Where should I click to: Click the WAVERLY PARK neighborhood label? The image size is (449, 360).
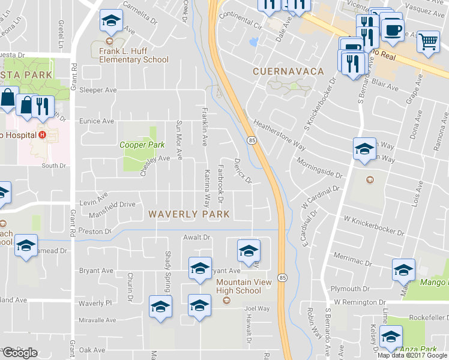[x=189, y=214]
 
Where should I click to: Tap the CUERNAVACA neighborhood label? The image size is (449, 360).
[x=288, y=71]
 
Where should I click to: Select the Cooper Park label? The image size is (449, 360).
[x=142, y=145]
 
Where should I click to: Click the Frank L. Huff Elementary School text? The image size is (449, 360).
[x=134, y=55]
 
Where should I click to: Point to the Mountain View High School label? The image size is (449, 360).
[x=238, y=286]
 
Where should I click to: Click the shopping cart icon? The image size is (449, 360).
[x=428, y=42]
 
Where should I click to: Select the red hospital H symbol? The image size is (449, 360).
[x=43, y=134]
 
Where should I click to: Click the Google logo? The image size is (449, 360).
[x=20, y=353]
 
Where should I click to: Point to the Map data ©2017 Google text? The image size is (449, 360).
[x=412, y=355]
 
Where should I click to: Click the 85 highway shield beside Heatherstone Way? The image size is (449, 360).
[x=251, y=140]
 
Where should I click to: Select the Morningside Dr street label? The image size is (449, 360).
[x=319, y=169]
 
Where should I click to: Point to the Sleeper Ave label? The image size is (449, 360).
[x=98, y=90]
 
